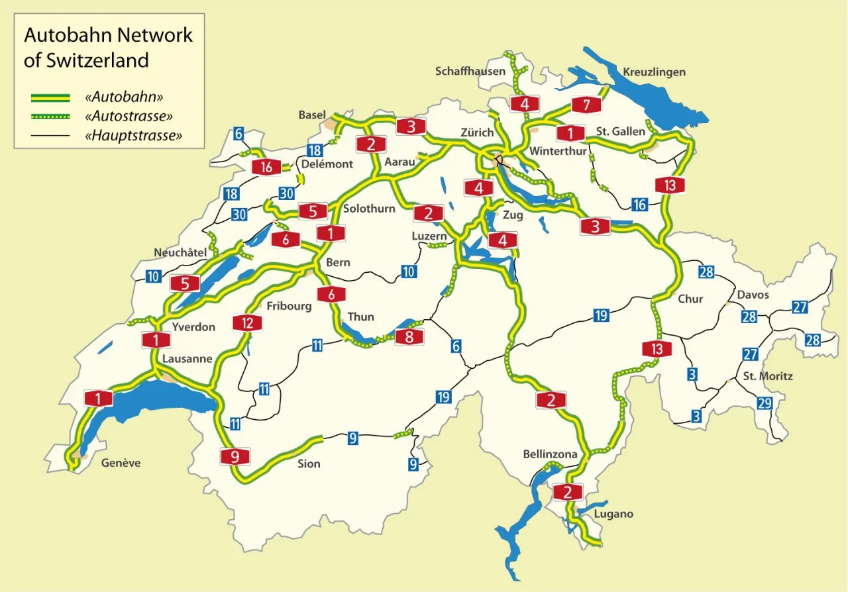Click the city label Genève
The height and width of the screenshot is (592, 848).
coord(121,463)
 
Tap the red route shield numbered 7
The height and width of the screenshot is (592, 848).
coord(586,105)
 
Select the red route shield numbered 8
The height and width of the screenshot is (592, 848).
coord(409,337)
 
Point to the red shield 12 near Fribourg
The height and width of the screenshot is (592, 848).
coord(247,323)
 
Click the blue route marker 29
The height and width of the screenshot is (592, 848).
coord(765,403)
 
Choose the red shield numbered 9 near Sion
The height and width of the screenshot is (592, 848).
coord(235,456)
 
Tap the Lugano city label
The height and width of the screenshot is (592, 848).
coord(613,514)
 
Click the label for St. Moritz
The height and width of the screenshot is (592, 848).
coord(768,376)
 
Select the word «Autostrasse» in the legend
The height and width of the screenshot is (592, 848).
coord(129,117)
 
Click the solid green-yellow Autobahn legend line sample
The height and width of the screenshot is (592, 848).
coord(50,97)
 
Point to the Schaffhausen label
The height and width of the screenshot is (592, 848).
coord(470,71)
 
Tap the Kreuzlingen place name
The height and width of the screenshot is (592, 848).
coord(654,72)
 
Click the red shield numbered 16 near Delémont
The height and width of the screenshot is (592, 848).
coord(266,167)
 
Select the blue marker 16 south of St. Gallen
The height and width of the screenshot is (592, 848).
coord(639,205)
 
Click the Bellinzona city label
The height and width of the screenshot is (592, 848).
coord(550,454)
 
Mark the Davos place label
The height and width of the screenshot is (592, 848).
coord(753,294)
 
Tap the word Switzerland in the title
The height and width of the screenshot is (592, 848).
coord(86,60)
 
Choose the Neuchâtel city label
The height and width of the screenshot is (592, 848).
coord(180,252)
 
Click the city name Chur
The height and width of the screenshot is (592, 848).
coord(690,299)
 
